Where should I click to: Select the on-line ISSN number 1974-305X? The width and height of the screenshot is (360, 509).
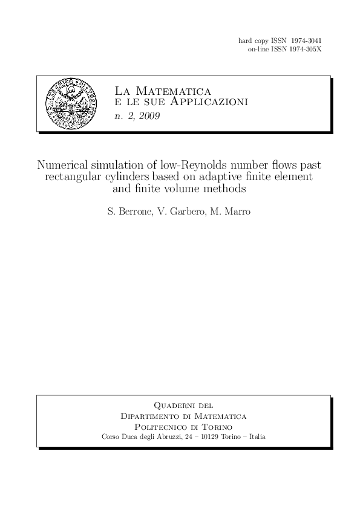click(x=306, y=48)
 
